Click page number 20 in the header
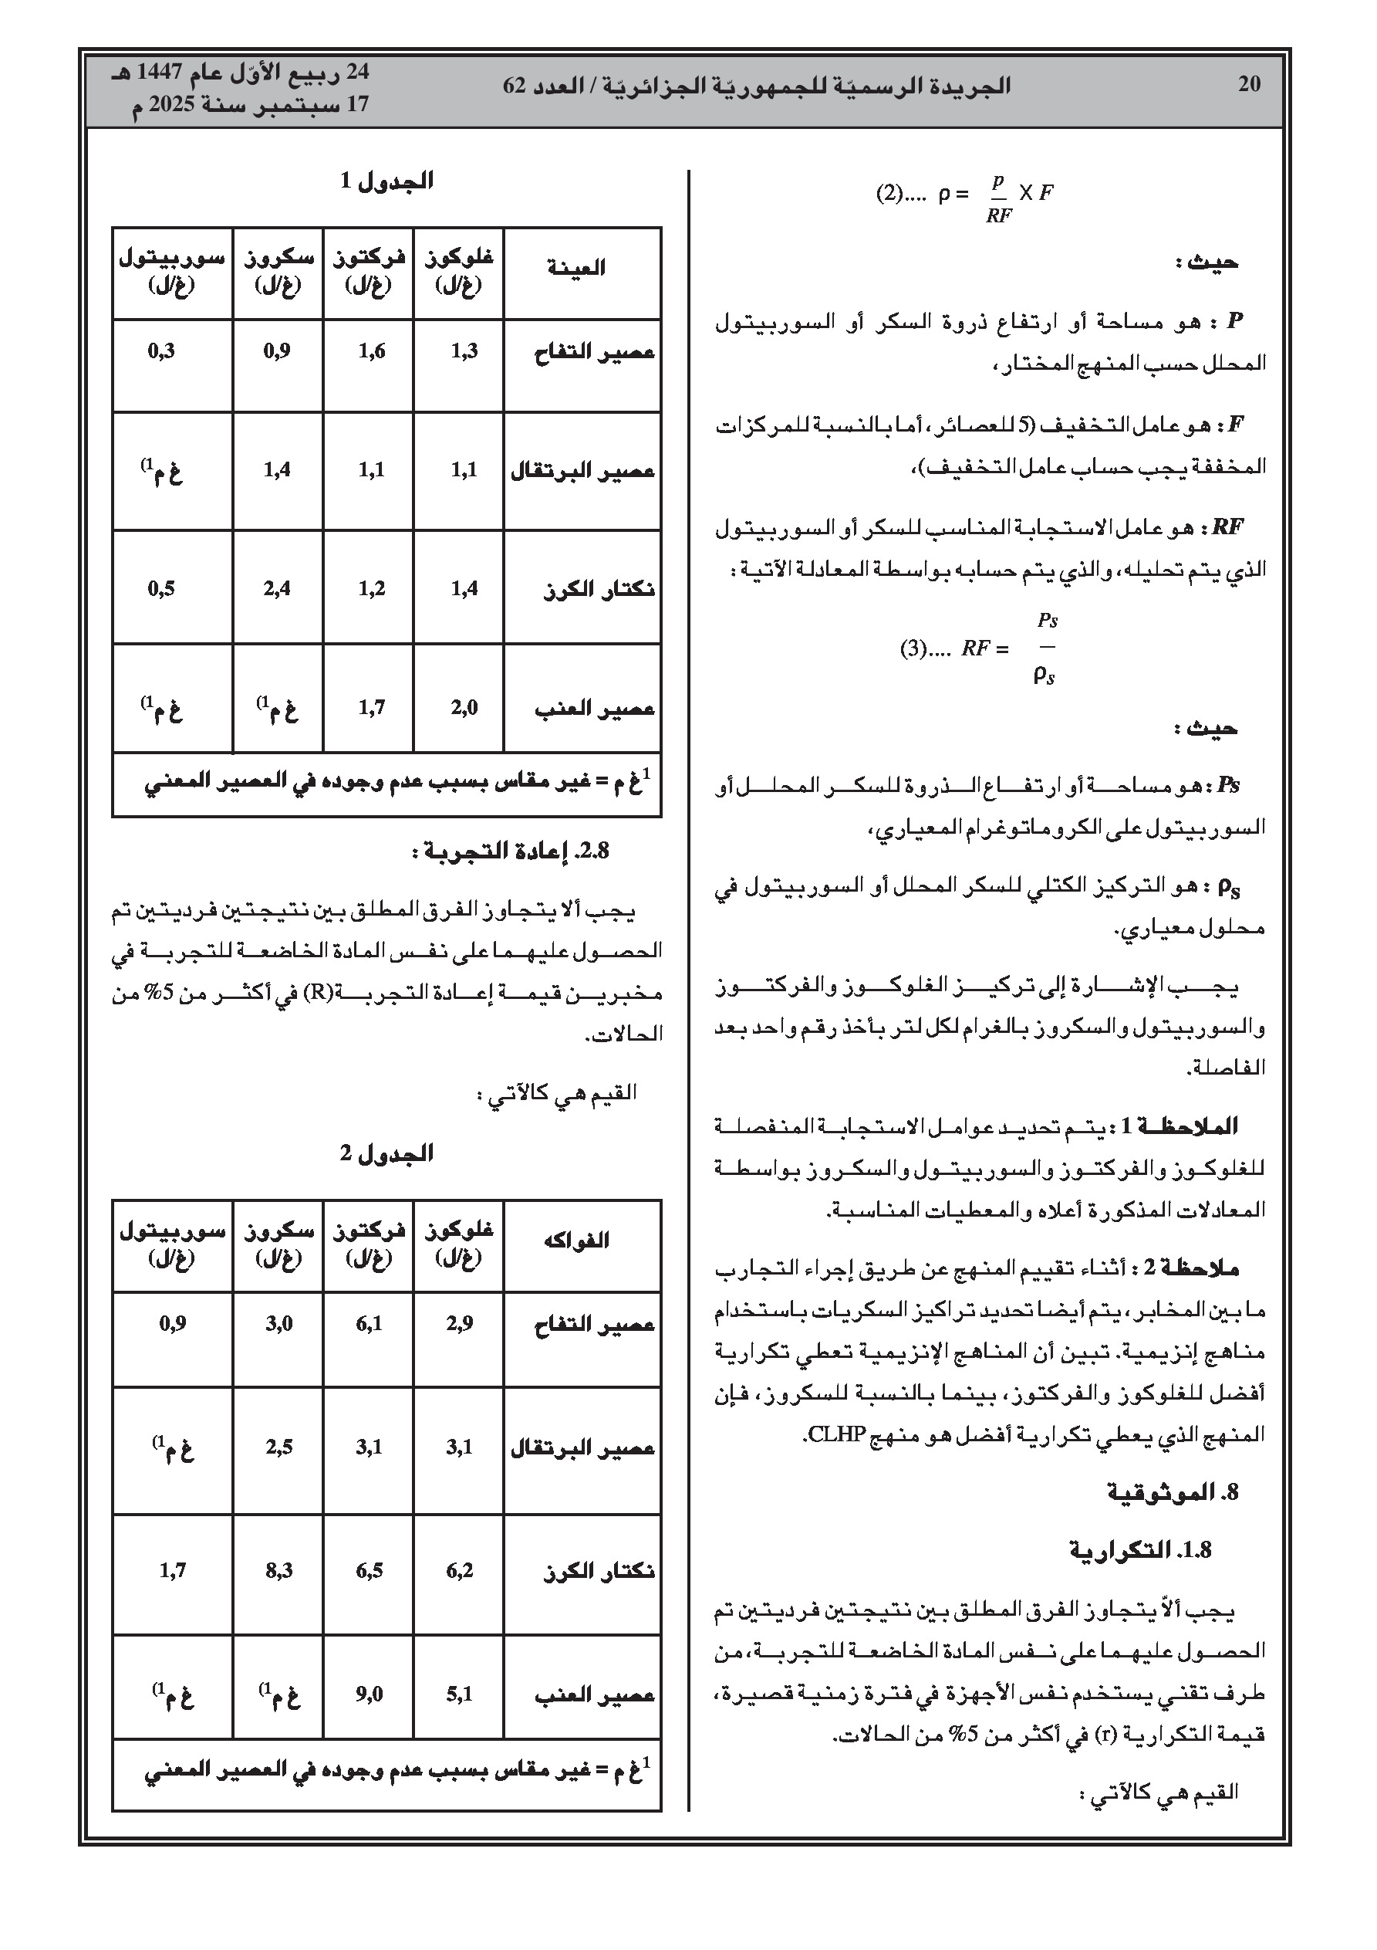(x=1249, y=84)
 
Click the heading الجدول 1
(x=386, y=181)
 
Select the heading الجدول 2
(x=386, y=1153)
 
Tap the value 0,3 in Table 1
(x=161, y=350)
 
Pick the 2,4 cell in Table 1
(x=277, y=587)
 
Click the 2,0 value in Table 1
(x=464, y=706)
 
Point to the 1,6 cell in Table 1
(x=371, y=350)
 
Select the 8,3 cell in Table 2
(x=278, y=1570)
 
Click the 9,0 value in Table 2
(x=370, y=1694)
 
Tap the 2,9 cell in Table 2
(x=459, y=1323)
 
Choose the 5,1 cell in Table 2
(x=459, y=1694)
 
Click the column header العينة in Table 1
(x=576, y=268)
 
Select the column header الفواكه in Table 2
(x=576, y=1240)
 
